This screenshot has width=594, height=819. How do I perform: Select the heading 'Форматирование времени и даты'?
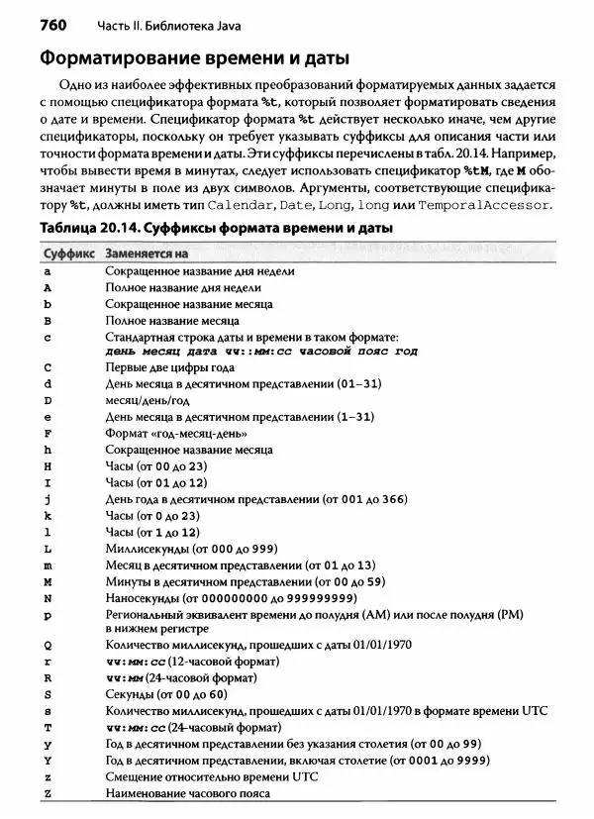click(x=187, y=58)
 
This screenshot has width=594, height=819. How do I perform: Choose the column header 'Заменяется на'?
click(x=147, y=253)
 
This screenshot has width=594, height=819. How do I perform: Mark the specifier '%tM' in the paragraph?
click(x=476, y=170)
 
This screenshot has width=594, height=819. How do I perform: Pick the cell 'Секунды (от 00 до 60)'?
click(x=168, y=694)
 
